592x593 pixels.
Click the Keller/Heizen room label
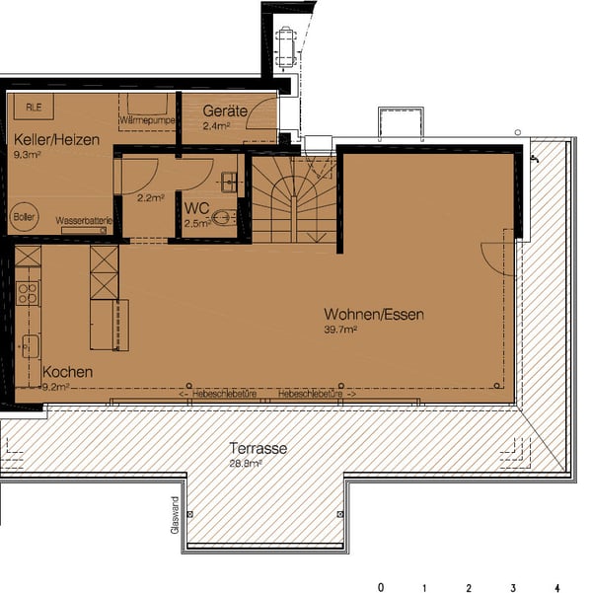56,141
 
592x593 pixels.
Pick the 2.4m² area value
216,126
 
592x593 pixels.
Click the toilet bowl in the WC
223,218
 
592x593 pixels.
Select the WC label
196,210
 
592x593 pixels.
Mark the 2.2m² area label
150,197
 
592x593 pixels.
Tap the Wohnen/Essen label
374,316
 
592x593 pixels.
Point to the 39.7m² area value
340,331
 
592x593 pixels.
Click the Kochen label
68,372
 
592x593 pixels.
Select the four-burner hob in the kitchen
28,293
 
